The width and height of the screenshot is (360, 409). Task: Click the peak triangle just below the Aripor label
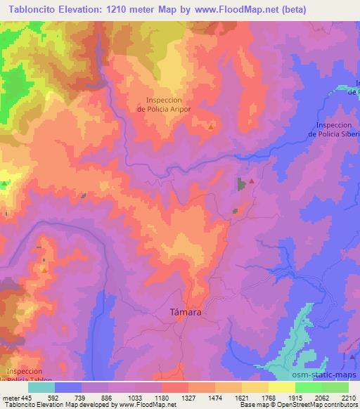[x=211, y=127]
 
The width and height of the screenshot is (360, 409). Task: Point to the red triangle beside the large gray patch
[x=251, y=181]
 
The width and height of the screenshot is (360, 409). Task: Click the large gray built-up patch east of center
[x=242, y=185]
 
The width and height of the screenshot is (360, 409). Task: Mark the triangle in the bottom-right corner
[x=351, y=358]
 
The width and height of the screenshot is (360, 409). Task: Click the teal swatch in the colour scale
[x=41, y=387]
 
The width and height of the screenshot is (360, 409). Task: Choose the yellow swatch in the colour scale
[x=281, y=387]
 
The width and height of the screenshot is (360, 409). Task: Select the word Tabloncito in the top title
[x=30, y=9]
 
